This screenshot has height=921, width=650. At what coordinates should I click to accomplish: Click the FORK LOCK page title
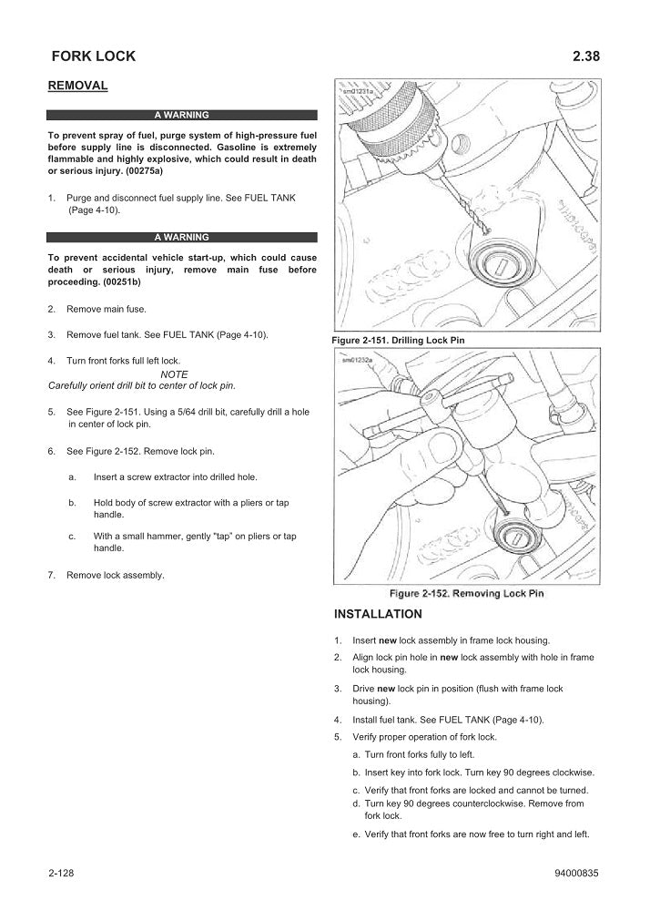point(94,56)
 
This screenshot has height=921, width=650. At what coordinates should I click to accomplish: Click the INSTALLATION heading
point(378,613)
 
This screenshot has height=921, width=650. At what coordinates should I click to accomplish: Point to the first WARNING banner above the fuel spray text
point(182,116)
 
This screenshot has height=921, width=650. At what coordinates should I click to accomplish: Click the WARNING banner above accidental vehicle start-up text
point(182,237)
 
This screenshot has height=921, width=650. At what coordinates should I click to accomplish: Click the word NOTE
point(174,374)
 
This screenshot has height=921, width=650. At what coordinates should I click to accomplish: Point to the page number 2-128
point(61,874)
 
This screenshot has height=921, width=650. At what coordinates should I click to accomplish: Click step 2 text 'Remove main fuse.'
point(106,310)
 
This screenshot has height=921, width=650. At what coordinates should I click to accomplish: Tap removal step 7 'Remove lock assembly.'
point(116,575)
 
